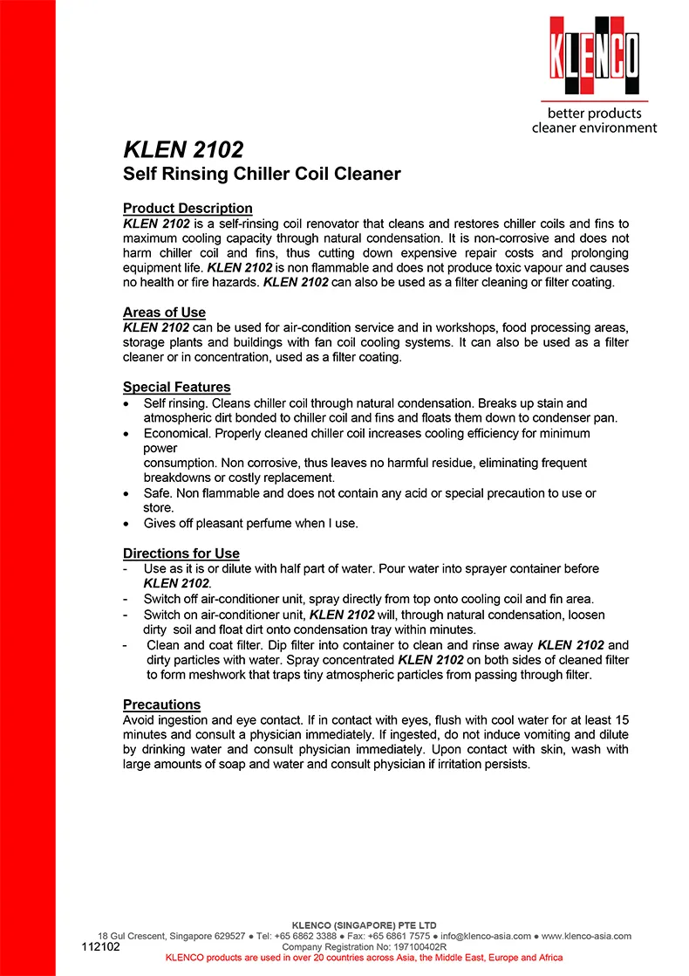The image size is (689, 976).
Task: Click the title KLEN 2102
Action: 182,148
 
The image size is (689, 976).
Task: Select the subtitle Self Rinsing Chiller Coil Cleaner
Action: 262,174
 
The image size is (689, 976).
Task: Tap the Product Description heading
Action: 188,208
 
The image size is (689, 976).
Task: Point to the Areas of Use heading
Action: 164,313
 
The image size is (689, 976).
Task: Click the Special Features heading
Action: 176,387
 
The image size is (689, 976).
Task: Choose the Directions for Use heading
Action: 181,553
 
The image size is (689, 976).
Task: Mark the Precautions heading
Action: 161,705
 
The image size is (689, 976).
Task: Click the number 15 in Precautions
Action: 622,720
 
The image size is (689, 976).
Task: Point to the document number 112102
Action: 101,946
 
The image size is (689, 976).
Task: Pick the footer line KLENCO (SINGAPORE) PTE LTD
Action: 364,925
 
